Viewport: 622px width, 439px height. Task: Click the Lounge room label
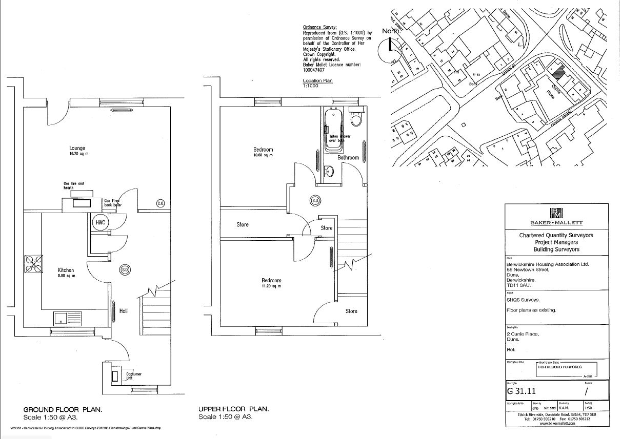tap(77, 149)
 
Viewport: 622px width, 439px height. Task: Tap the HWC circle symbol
tap(99, 223)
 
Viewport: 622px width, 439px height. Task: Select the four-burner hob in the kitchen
tap(34, 264)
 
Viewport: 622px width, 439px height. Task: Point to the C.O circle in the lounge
tap(160, 204)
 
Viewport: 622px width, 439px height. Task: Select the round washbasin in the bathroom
tap(329, 172)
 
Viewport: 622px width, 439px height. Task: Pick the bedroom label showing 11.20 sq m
tap(271, 283)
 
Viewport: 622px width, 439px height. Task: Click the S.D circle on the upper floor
tap(315, 201)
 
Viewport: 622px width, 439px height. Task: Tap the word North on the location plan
tap(390, 31)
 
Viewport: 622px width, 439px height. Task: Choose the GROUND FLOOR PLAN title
tap(63, 409)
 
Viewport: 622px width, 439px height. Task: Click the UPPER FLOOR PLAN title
tap(233, 409)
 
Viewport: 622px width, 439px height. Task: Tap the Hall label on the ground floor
tap(124, 311)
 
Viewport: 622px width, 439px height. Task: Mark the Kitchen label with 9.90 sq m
tap(66, 272)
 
